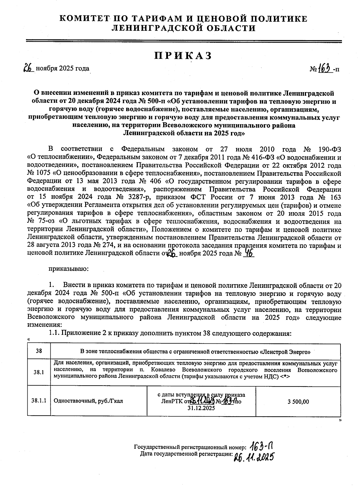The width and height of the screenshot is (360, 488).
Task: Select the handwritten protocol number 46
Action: [x=249, y=254]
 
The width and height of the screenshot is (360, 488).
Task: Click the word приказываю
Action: [x=68, y=268]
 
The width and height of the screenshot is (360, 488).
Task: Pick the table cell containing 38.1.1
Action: [x=39, y=401]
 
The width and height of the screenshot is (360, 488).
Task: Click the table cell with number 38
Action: [x=39, y=351]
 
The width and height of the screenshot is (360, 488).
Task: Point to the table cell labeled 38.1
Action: [x=39, y=372]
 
